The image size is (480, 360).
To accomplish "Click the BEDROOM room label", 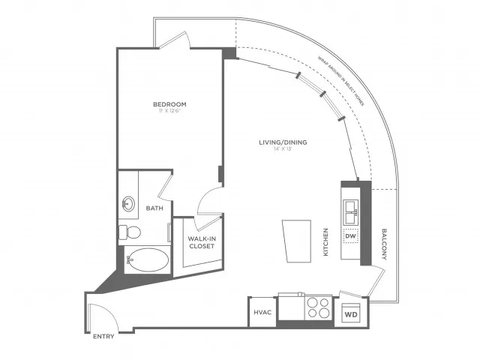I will pyautogui.click(x=169, y=104).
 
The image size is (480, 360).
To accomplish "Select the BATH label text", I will pyautogui.click(x=154, y=208).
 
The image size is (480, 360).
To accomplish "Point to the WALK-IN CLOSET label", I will pyautogui.click(x=201, y=241).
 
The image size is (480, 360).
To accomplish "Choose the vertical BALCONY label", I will pyautogui.click(x=383, y=244).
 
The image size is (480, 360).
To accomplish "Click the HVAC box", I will pyautogui.click(x=262, y=311).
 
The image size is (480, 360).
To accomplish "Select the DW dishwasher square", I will pyautogui.click(x=350, y=236).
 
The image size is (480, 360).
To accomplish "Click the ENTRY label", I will pyautogui.click(x=103, y=337).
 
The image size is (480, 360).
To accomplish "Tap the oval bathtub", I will pyautogui.click(x=148, y=259).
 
